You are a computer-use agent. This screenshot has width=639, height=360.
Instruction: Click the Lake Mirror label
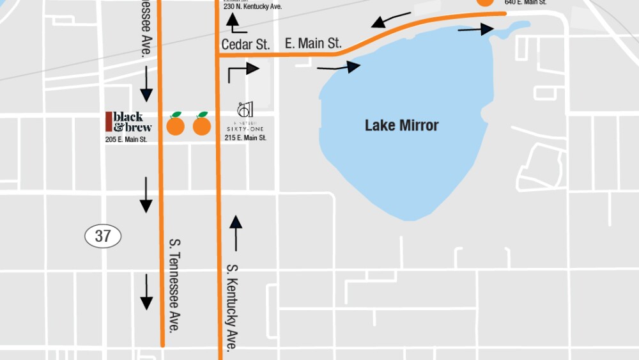pyautogui.click(x=401, y=125)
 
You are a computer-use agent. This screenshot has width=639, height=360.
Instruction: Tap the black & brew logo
pyautogui.click(x=128, y=121)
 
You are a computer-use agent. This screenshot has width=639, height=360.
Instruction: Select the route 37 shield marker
pyautogui.click(x=103, y=236)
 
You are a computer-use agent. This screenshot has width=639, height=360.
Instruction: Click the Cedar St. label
pyautogui.click(x=246, y=44)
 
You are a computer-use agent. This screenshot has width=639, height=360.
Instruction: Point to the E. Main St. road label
pyautogui.click(x=313, y=43)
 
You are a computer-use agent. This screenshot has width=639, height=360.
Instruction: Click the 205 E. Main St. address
pyautogui.click(x=126, y=139)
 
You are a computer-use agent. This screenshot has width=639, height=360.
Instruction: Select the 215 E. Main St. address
pyautogui.click(x=245, y=137)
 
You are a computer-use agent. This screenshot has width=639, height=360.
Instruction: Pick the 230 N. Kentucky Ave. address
pyautogui.click(x=252, y=7)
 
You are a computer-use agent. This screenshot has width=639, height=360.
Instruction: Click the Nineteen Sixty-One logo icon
pyautogui.click(x=245, y=110)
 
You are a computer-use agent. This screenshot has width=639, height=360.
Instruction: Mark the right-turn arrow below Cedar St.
pyautogui.click(x=243, y=71)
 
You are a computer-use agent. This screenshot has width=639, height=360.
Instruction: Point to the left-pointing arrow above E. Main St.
pyautogui.click(x=387, y=22)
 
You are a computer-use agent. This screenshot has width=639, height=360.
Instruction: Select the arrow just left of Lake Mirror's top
pyautogui.click(x=339, y=67)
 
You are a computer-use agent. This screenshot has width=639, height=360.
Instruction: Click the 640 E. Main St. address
pyautogui.click(x=525, y=3)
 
